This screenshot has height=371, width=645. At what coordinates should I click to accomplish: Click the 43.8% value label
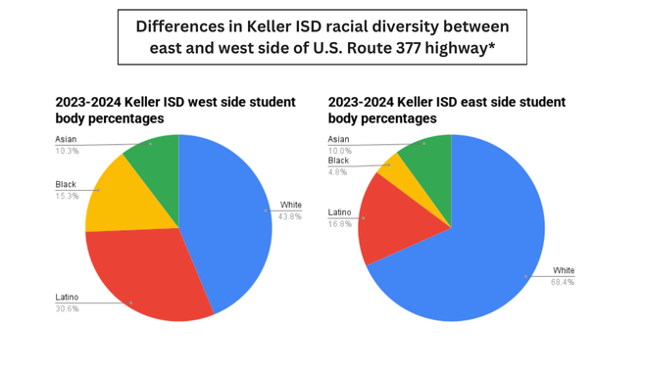(290, 216)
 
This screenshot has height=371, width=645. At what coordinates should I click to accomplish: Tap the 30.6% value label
(67, 308)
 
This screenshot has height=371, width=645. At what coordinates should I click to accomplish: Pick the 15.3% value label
(67, 196)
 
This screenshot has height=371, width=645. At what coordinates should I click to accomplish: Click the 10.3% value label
(67, 151)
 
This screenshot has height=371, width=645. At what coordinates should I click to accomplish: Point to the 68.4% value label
(563, 282)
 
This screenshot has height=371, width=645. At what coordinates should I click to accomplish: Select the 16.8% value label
(339, 223)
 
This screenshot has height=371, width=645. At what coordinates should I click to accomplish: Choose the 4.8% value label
(337, 171)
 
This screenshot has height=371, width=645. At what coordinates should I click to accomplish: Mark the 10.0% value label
(339, 151)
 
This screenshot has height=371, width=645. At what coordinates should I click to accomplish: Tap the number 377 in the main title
(417, 50)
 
